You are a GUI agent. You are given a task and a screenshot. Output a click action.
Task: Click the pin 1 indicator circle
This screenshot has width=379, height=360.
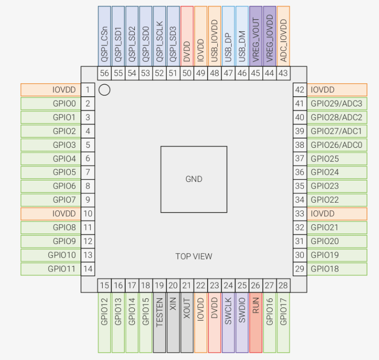[105, 90]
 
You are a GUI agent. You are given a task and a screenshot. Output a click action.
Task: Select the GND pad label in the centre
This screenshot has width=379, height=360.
[194, 179]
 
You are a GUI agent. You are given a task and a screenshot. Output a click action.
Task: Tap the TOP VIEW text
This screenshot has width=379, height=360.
[194, 256]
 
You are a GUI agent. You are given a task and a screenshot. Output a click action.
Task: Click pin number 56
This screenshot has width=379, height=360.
[105, 73]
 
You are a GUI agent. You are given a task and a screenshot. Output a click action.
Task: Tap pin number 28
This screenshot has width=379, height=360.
[284, 285]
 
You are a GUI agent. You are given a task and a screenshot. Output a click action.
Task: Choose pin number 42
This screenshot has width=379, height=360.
[300, 90]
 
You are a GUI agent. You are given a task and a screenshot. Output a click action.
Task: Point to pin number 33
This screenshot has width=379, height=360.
[300, 213]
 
